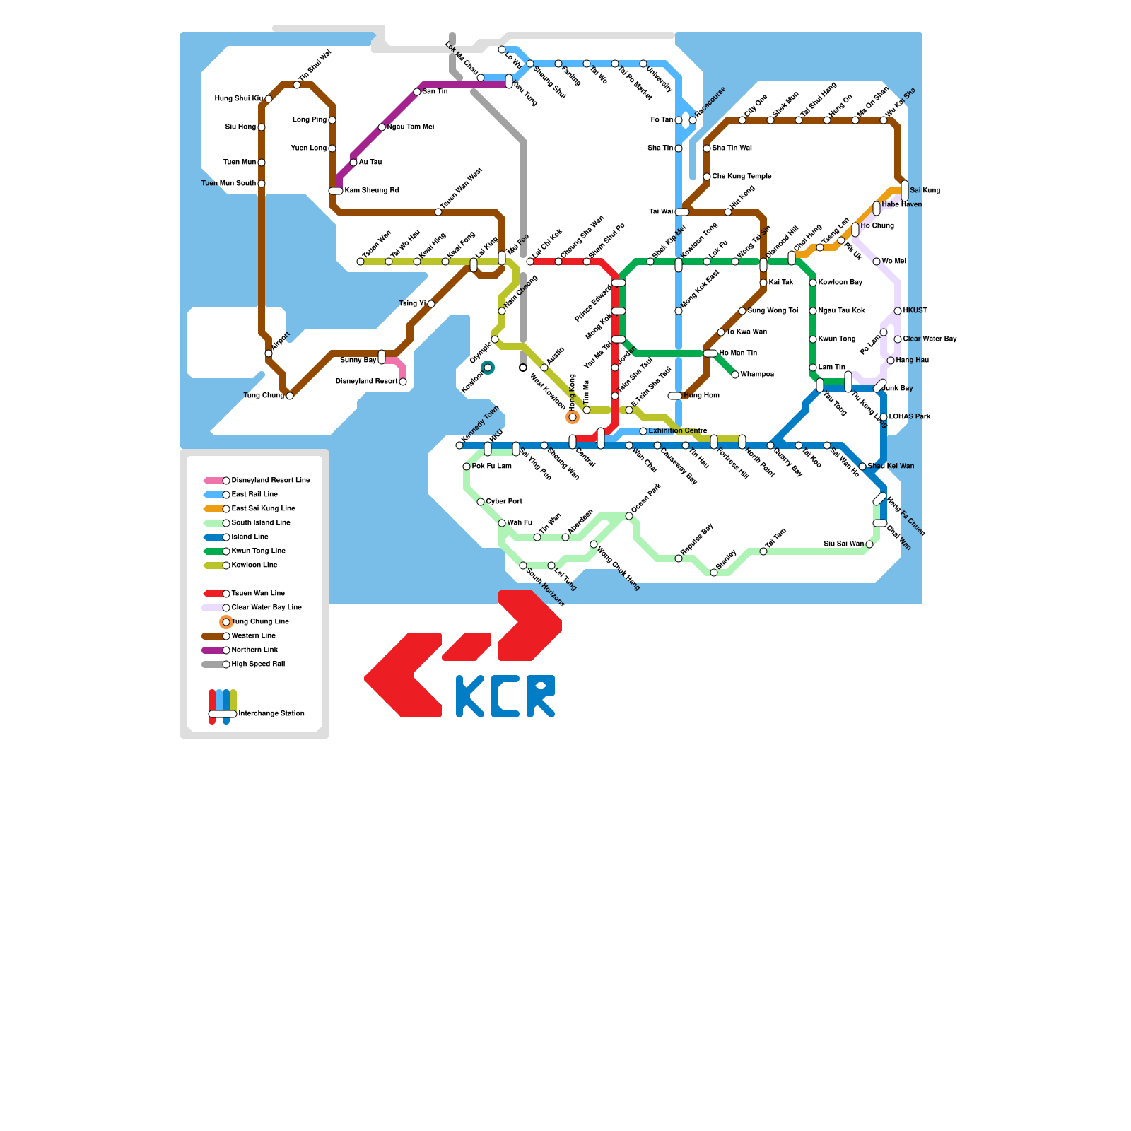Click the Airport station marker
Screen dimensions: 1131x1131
click(269, 353)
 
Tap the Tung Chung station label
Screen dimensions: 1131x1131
click(264, 396)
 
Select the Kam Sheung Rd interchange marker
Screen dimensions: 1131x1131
click(336, 191)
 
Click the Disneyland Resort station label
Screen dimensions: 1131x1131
click(366, 382)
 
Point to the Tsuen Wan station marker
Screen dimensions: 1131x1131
click(361, 262)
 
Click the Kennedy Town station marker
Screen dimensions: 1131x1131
click(459, 445)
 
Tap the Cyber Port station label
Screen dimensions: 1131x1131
click(504, 502)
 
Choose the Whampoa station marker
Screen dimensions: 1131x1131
click(735, 375)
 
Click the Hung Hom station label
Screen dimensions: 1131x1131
click(702, 396)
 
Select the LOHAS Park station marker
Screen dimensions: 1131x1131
click(884, 417)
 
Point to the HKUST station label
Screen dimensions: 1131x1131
click(915, 311)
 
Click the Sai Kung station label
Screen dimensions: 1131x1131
click(925, 191)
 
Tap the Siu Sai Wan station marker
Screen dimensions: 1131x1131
click(869, 544)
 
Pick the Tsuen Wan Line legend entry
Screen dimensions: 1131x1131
click(258, 594)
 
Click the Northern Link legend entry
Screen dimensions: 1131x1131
click(254, 650)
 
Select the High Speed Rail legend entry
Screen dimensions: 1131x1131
click(258, 664)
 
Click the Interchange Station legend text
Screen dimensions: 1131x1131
click(271, 714)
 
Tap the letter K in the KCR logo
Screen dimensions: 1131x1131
click(469, 696)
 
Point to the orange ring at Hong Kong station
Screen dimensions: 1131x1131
click(573, 417)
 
